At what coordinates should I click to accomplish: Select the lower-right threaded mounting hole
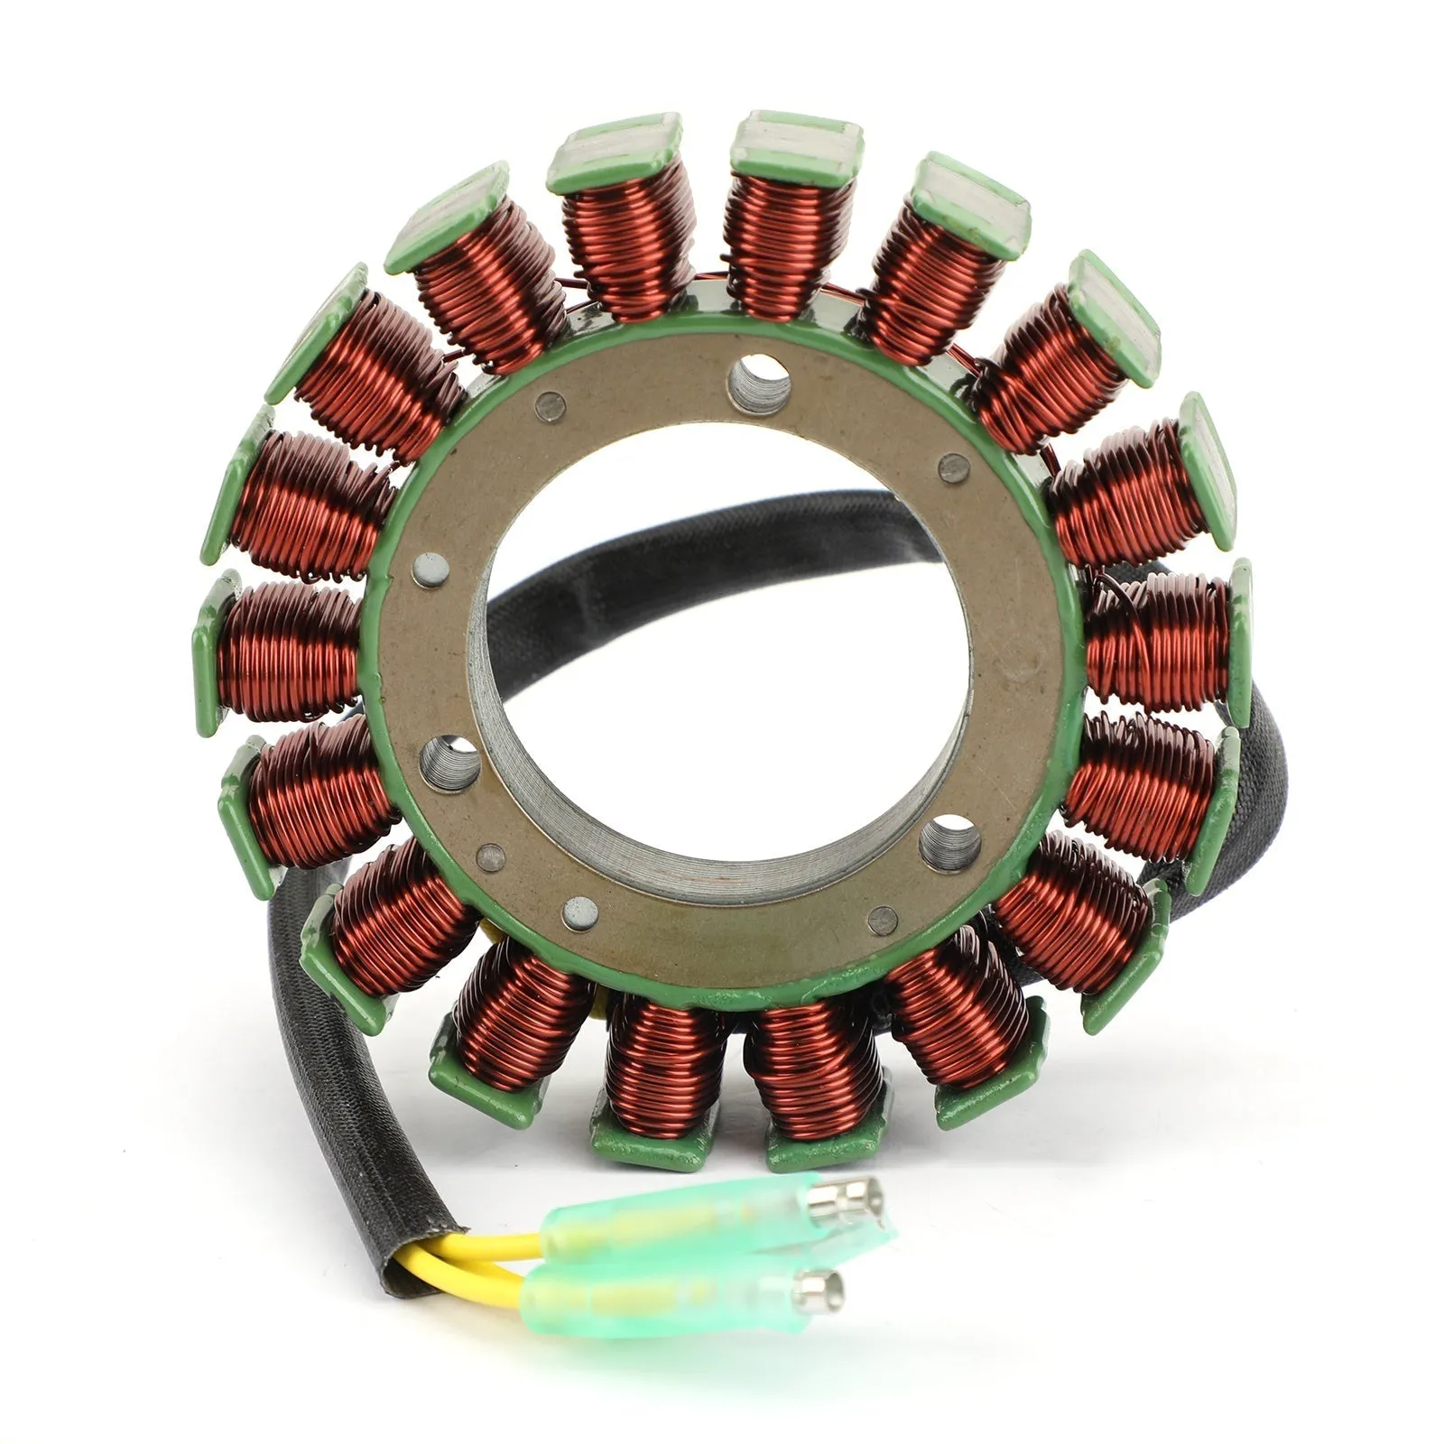pos(949,843)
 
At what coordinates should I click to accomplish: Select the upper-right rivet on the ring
pos(953,467)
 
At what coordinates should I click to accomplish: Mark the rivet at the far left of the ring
pos(430,569)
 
